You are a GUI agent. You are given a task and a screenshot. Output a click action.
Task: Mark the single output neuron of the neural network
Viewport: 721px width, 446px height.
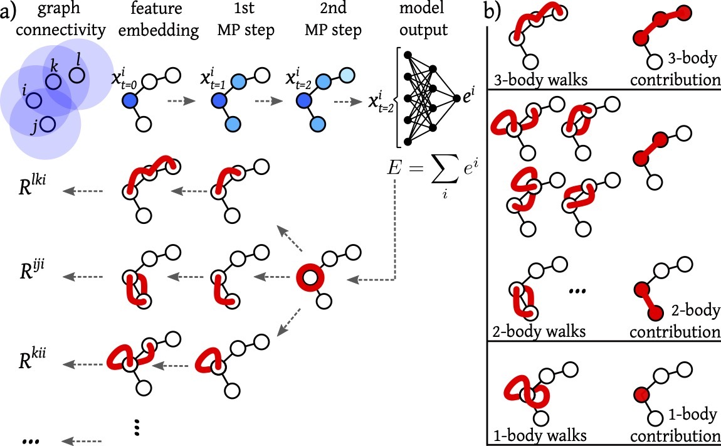click(454, 95)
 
